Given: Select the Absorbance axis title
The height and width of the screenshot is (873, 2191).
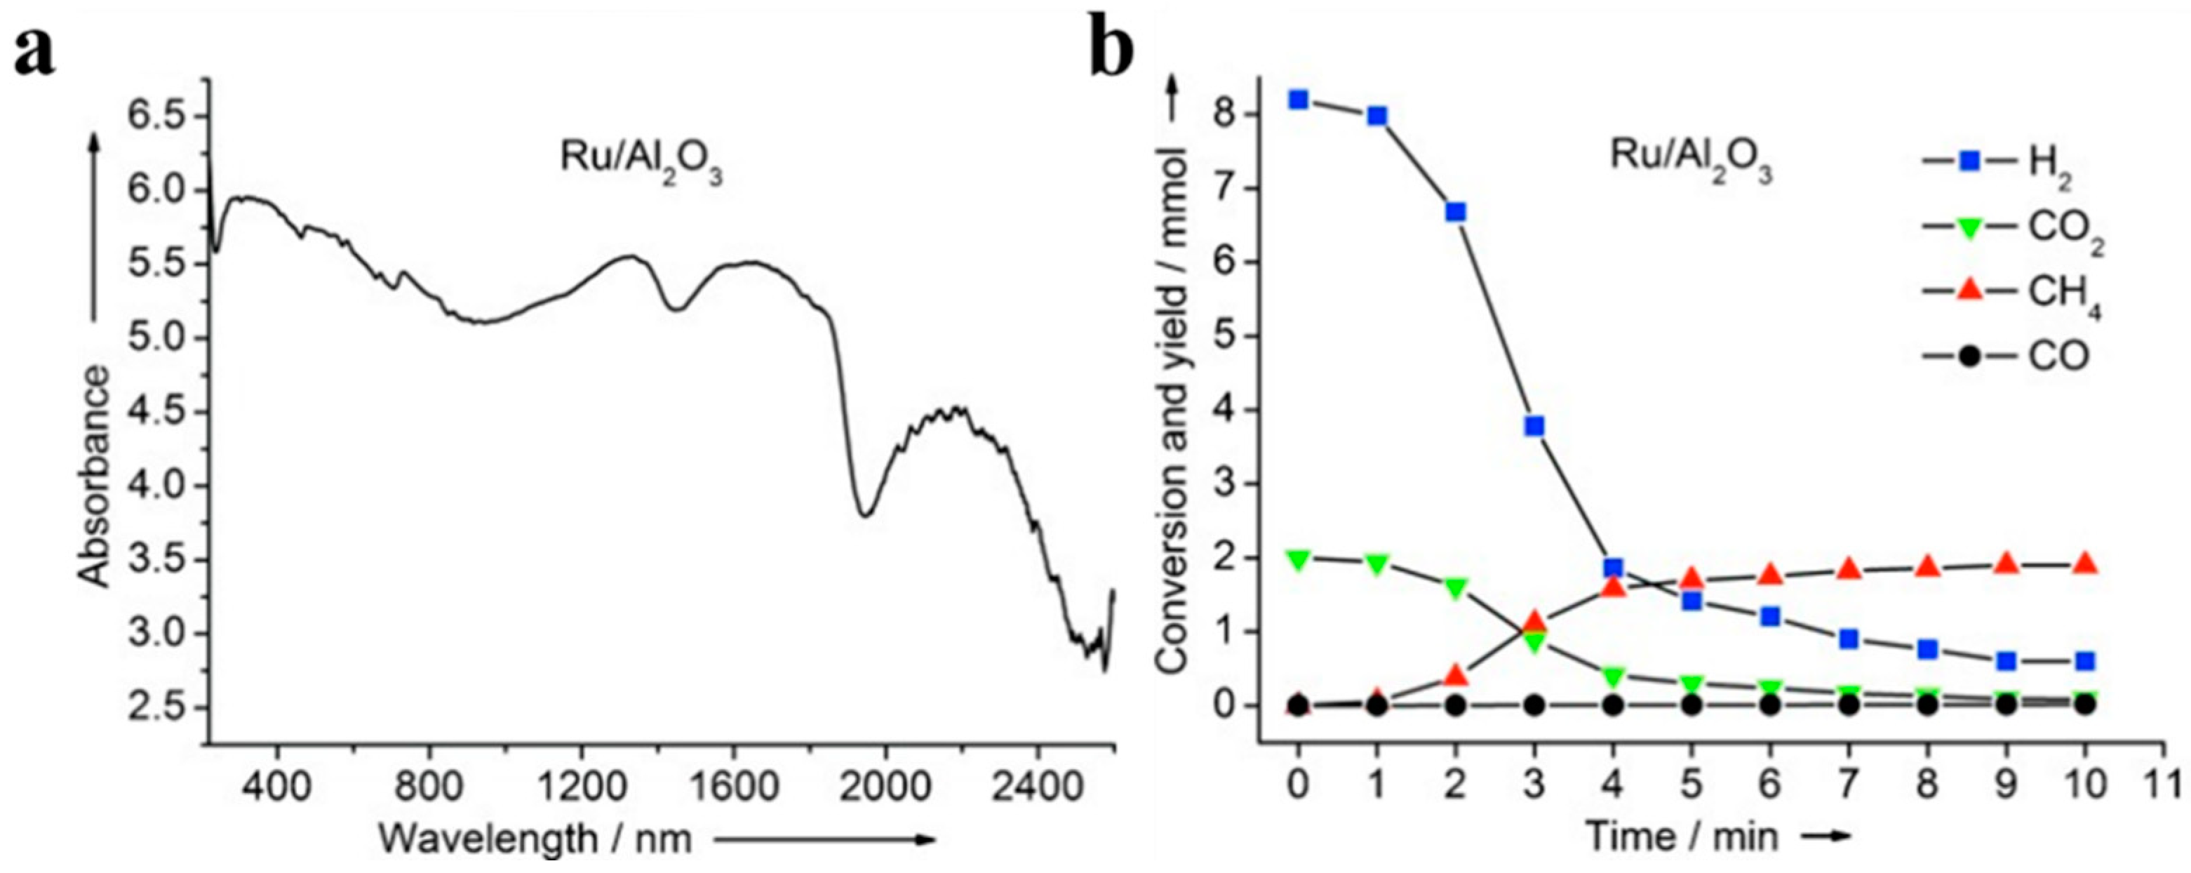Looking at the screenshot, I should pos(95,477).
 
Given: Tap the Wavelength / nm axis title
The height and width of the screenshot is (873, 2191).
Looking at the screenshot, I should pos(534,839).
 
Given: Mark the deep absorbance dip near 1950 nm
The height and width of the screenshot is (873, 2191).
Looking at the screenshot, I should pos(865,514).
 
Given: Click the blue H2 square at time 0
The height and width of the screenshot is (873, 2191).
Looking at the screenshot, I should pos(1298,100).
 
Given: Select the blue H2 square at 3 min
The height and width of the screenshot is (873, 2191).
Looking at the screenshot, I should pos(1534,426).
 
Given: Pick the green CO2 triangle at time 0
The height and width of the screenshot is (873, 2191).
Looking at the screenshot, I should pos(1298,559).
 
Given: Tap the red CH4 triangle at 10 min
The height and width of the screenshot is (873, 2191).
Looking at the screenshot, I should pos(2084,564).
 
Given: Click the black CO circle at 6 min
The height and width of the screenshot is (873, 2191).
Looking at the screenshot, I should pos(1771,705).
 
